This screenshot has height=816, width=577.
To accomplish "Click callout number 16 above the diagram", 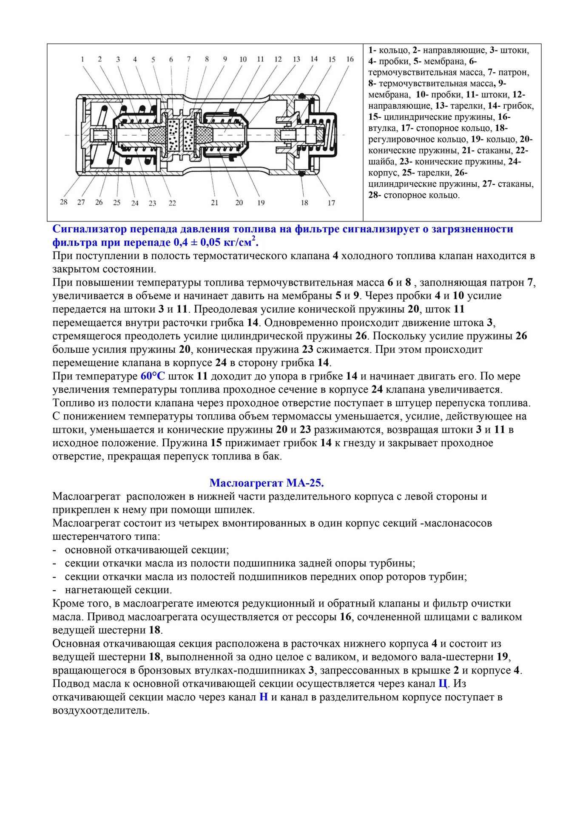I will [350, 59].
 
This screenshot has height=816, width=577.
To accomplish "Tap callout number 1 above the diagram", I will [82, 59].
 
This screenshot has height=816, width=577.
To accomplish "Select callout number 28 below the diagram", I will [64, 202].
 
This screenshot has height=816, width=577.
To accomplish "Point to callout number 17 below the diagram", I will [331, 203].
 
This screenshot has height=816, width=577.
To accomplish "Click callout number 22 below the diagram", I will [172, 203].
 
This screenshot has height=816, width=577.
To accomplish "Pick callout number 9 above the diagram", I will [225, 59].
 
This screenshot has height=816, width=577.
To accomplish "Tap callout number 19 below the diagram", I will [261, 203].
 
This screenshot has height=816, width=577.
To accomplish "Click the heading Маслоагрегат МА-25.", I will [267, 483].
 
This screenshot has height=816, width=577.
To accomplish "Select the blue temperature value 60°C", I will [152, 376].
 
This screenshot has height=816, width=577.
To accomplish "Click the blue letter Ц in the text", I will [443, 683].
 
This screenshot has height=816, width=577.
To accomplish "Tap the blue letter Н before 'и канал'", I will [263, 697].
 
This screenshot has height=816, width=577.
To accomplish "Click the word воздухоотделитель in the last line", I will [101, 711].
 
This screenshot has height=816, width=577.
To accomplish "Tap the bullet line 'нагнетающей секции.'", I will [118, 590].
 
